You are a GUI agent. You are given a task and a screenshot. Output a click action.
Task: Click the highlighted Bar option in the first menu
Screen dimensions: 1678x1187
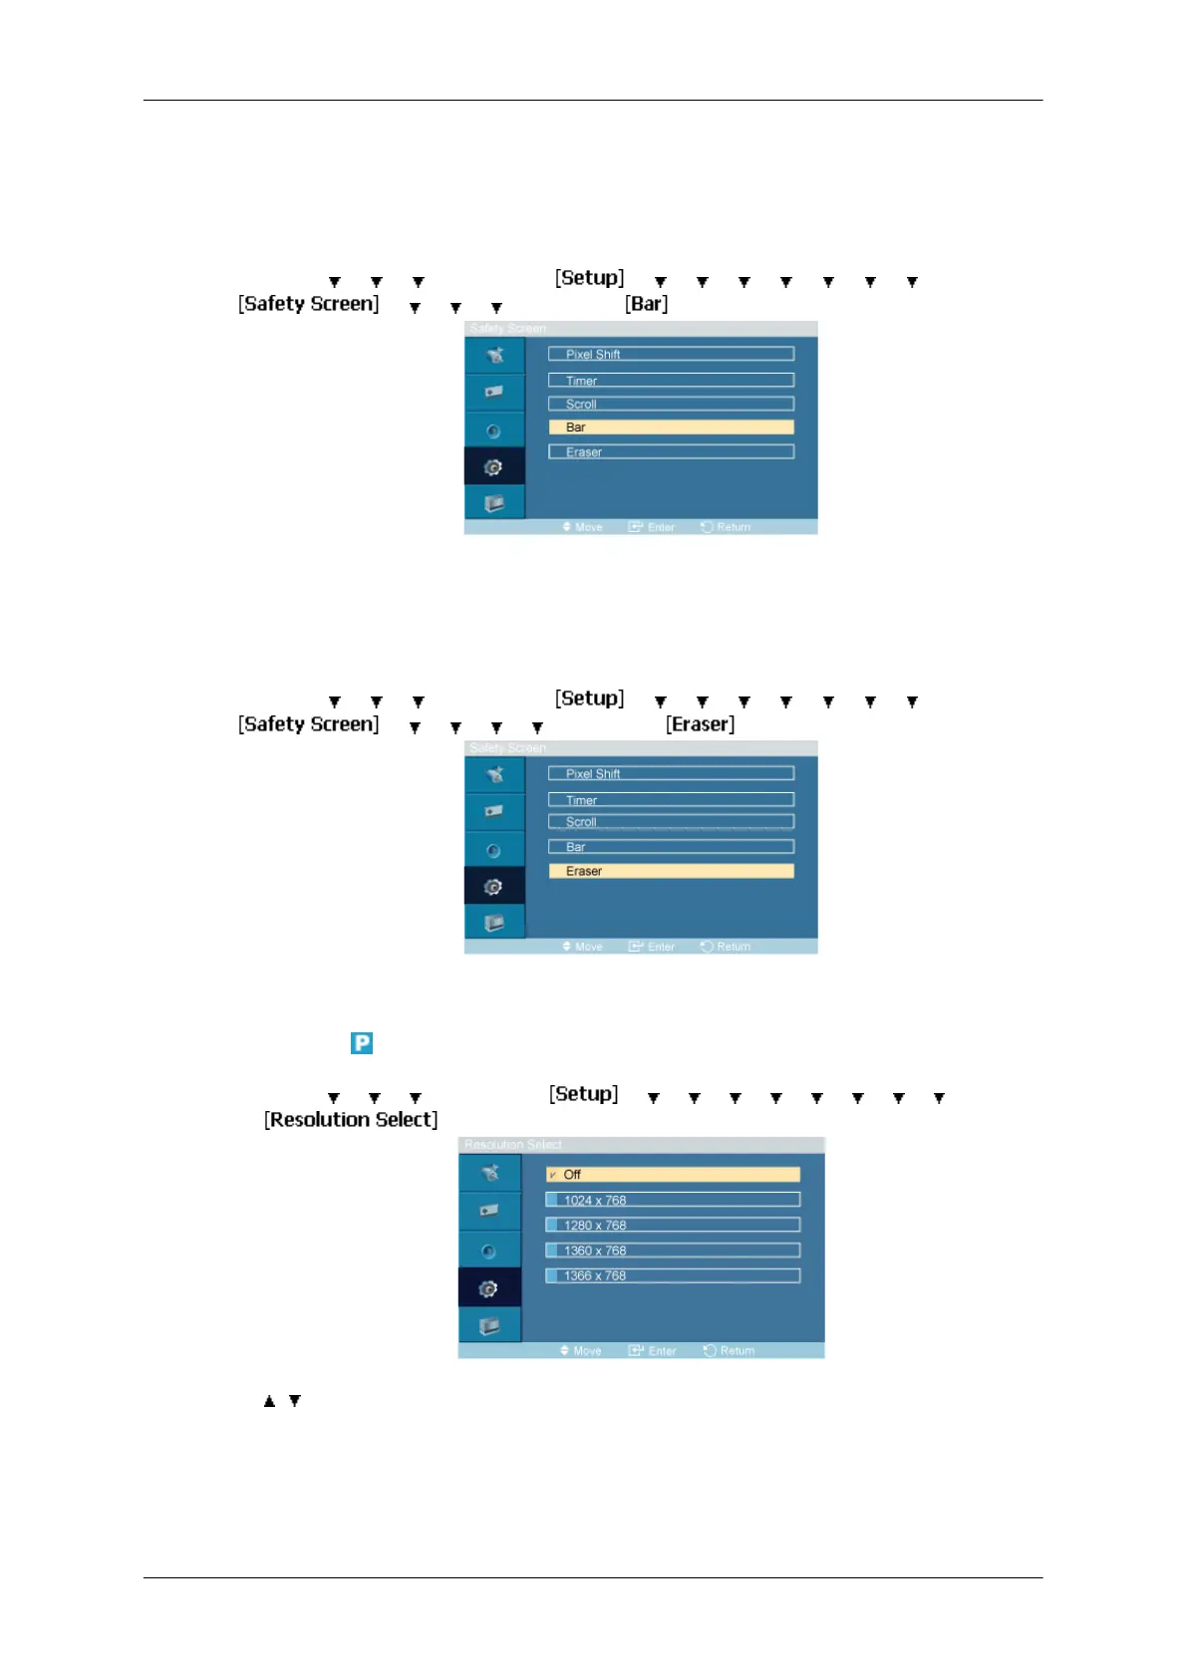coord(671,427)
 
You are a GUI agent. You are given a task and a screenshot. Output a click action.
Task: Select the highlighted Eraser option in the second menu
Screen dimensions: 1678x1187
coord(671,871)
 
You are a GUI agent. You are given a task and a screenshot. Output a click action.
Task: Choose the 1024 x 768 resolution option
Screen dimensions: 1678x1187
coord(673,1200)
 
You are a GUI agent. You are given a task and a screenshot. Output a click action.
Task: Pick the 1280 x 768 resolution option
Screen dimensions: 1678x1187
coord(673,1225)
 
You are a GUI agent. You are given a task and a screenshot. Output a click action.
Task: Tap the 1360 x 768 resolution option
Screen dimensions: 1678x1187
coord(673,1250)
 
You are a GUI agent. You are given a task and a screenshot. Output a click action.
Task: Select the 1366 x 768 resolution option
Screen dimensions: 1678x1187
coord(673,1275)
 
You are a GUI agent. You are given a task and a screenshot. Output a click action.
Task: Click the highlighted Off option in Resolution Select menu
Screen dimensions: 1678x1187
coord(673,1175)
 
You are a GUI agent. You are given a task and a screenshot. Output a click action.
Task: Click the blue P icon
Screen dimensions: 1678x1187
coord(362,1043)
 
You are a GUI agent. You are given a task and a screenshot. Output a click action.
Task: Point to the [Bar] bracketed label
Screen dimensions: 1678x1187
coord(646,304)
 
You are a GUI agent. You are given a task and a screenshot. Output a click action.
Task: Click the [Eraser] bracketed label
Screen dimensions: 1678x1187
coord(700,724)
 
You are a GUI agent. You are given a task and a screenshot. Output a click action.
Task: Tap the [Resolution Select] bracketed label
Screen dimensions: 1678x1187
coord(351,1120)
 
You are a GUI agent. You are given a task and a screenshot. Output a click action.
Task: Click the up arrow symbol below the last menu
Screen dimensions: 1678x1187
coord(269,1401)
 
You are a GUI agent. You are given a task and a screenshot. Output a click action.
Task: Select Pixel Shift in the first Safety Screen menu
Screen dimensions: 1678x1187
coord(671,354)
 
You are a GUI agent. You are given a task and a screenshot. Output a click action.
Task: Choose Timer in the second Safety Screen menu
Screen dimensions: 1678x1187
coord(671,799)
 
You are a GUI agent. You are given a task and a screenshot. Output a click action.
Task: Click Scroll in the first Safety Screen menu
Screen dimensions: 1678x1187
coord(671,404)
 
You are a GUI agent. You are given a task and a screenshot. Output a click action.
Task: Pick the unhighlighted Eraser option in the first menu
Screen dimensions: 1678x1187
coord(671,451)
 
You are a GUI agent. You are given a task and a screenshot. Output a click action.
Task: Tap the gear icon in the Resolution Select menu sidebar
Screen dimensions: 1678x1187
coord(488,1289)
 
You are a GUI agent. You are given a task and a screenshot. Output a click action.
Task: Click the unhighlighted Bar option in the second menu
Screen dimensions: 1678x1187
coord(671,847)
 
